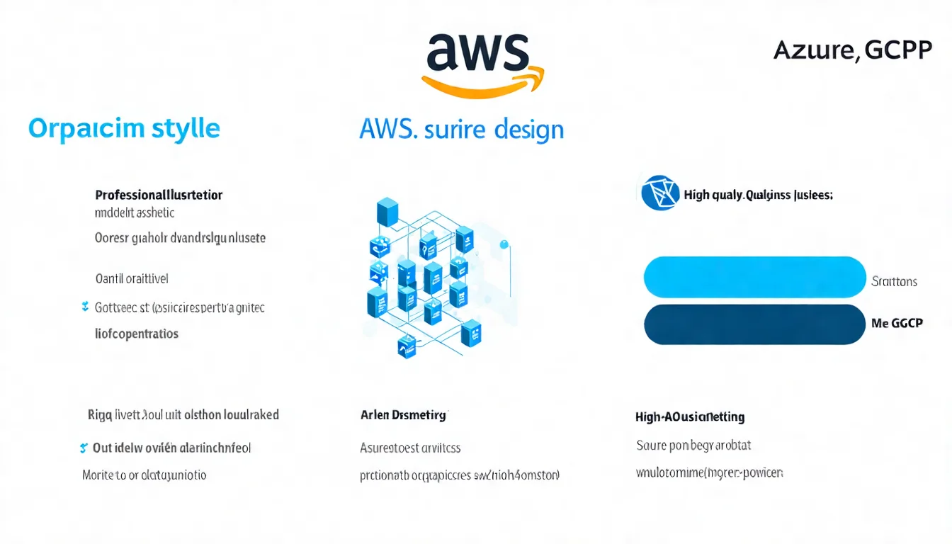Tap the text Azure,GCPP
852,51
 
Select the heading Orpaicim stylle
124,129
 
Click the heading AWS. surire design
461,130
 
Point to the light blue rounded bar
754,277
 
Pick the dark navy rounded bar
754,324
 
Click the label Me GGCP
897,323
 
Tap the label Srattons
894,281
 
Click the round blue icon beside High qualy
659,193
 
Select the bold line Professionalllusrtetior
159,195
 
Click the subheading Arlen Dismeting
404,415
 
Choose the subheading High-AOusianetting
690,417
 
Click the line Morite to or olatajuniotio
144,475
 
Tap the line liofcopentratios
137,333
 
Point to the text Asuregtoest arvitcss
410,448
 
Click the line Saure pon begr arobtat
693,446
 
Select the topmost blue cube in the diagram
387,212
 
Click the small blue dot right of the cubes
504,245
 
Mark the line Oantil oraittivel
132,278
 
